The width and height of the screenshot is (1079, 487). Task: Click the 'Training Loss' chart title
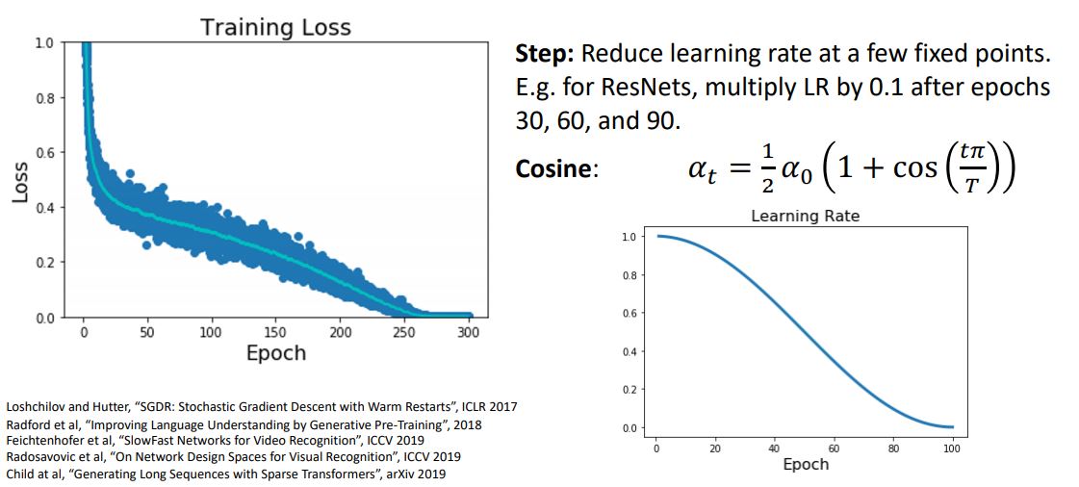coord(275,27)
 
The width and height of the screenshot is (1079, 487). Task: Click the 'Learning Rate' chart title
coord(805,217)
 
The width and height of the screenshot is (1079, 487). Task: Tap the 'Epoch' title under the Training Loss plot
coord(275,352)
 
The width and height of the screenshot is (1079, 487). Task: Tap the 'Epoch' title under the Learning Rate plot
coord(805,464)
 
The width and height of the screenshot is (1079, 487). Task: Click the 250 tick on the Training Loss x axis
coord(404,333)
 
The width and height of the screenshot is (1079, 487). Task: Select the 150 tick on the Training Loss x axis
coord(275,333)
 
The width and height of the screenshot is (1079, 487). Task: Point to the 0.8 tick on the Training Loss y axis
coord(44,98)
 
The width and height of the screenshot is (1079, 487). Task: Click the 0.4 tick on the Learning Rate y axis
coord(628,351)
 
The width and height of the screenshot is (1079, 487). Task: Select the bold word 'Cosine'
coord(552,169)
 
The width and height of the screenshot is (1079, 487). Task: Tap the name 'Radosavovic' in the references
coord(39,455)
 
